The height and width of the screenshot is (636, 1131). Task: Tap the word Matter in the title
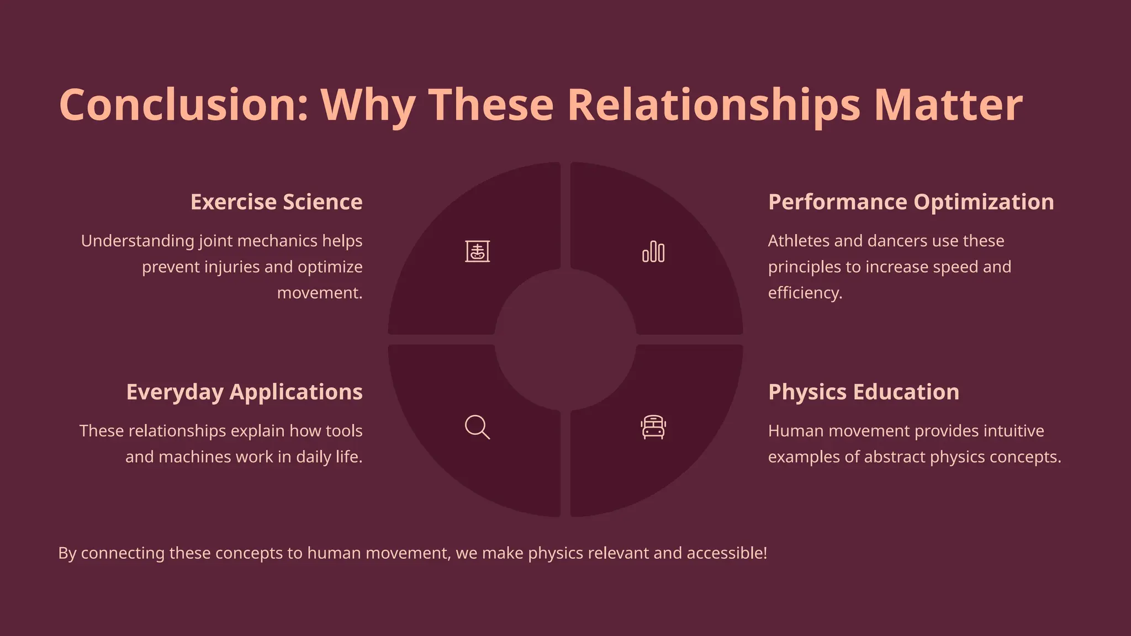948,105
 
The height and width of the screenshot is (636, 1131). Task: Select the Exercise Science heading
276,202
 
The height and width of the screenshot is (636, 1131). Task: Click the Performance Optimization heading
911,202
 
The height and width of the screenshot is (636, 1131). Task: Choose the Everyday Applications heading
244,392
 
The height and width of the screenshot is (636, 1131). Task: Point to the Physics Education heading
863,392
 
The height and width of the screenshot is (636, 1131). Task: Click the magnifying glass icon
477,427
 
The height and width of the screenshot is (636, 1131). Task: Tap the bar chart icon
653,252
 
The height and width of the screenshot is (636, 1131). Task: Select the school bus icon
653,427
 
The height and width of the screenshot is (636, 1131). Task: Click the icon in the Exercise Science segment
477,252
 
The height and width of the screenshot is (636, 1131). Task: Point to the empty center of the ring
565,340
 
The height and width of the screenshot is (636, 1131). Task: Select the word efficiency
805,293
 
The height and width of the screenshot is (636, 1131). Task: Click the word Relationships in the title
714,105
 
